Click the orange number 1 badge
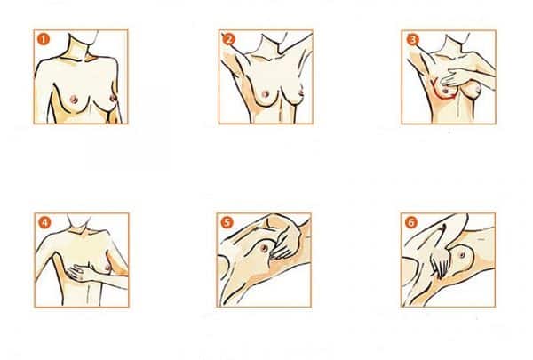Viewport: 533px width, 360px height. [x=44, y=39]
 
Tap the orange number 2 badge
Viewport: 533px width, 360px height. [x=228, y=39]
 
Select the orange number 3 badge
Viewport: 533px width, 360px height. [x=412, y=39]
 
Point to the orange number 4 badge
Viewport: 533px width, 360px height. [x=44, y=222]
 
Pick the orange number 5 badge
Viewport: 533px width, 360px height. [x=227, y=222]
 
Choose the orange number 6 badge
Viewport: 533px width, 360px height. [x=411, y=222]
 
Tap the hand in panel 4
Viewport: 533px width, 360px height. [x=80, y=273]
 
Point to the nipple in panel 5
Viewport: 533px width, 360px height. [x=264, y=248]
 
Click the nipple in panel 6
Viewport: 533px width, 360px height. [x=462, y=254]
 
